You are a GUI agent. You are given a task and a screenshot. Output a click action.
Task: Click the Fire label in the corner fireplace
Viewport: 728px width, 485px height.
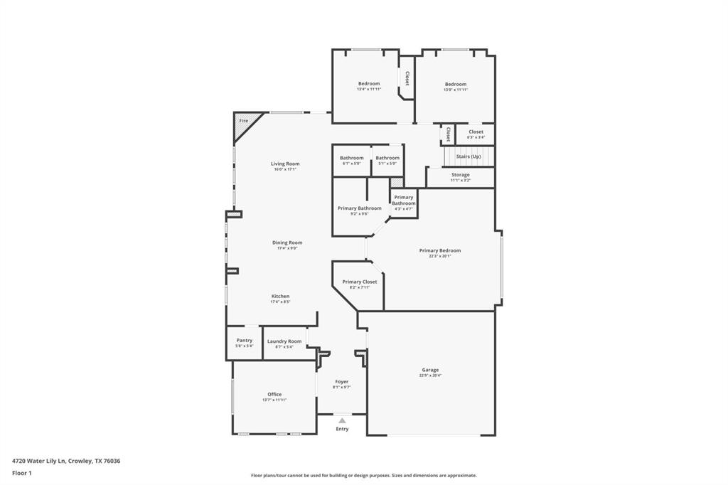pyautogui.click(x=243, y=121)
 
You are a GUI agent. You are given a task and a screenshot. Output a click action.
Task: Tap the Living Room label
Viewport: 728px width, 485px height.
pyautogui.click(x=285, y=164)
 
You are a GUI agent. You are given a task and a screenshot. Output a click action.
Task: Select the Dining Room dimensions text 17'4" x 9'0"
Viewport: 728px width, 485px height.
pyautogui.click(x=287, y=248)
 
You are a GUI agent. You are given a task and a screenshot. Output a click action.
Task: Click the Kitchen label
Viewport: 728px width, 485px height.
pyautogui.click(x=280, y=296)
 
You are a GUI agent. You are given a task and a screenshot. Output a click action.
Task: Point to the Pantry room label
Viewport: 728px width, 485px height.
pyautogui.click(x=244, y=341)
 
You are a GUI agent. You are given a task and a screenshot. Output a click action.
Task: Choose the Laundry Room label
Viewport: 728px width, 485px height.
pyautogui.click(x=284, y=341)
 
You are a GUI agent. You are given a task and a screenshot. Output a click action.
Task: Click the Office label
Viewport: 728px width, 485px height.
pyautogui.click(x=274, y=394)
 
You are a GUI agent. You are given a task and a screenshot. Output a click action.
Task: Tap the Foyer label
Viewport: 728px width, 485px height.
pyautogui.click(x=342, y=382)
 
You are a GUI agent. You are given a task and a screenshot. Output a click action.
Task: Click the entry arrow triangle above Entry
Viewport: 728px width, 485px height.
pyautogui.click(x=342, y=420)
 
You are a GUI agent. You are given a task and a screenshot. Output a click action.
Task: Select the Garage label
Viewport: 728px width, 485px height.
pyautogui.click(x=430, y=370)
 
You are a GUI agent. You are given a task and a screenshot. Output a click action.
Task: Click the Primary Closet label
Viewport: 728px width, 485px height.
pyautogui.click(x=360, y=282)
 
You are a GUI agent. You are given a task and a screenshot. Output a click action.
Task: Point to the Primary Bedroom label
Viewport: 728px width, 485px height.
pyautogui.click(x=440, y=250)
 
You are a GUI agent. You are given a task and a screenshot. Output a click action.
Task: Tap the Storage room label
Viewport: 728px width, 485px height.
pyautogui.click(x=460, y=174)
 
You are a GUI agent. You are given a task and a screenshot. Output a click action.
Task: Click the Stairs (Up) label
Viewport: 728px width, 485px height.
pyautogui.click(x=469, y=156)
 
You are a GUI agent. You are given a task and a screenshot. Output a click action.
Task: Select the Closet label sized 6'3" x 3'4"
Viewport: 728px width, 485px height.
pyautogui.click(x=476, y=132)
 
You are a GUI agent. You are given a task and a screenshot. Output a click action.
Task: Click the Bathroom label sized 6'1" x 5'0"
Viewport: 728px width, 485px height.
pyautogui.click(x=351, y=158)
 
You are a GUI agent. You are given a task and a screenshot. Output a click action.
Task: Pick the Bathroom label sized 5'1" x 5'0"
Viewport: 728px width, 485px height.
pyautogui.click(x=387, y=158)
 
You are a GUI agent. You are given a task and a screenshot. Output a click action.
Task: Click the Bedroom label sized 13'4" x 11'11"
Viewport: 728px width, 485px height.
pyautogui.click(x=369, y=84)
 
